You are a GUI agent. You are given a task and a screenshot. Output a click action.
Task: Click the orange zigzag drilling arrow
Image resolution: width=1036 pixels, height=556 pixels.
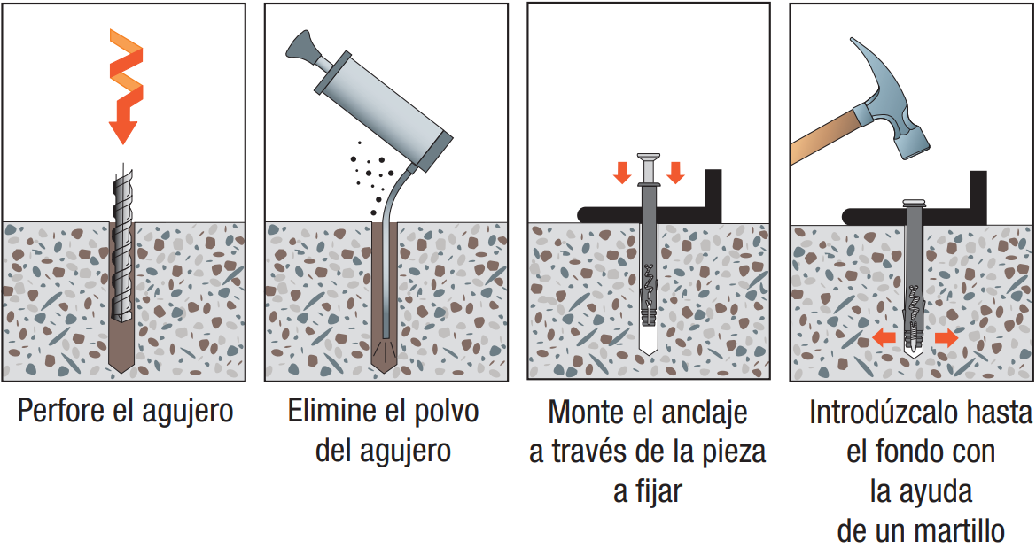[x=125, y=86]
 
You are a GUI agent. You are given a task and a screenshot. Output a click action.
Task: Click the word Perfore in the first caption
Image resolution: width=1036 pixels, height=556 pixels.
[x=61, y=411]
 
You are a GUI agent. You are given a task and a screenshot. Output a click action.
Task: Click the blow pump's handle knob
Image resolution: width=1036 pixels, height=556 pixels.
[x=301, y=48]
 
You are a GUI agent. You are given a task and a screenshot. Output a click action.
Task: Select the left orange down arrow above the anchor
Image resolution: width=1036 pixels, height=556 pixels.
[x=622, y=173]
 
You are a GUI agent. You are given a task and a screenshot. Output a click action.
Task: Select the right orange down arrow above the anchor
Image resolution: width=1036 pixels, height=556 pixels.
[x=675, y=173]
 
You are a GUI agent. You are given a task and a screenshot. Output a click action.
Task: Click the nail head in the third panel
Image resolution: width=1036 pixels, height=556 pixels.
[x=649, y=158]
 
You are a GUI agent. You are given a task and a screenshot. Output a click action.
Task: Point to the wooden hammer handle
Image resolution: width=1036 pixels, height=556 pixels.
[x=827, y=136]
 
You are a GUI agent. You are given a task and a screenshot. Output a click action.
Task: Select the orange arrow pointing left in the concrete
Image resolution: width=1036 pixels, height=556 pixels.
[x=884, y=338]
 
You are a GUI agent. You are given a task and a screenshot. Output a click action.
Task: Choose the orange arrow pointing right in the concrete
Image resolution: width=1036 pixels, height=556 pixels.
[x=946, y=338]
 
